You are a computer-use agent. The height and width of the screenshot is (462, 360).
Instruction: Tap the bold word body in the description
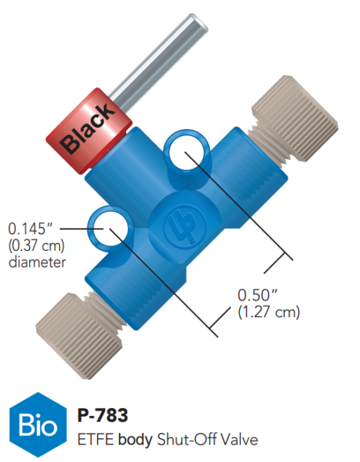pos(132,438)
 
